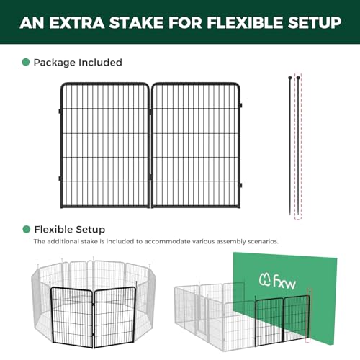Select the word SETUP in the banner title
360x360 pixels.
(315, 23)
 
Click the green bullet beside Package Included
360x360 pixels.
(26, 62)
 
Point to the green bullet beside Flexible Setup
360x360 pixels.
(26, 229)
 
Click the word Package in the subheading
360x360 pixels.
(55, 63)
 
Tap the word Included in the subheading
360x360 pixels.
(100, 63)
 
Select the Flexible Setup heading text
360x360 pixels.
(70, 230)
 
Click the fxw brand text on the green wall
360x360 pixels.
(284, 282)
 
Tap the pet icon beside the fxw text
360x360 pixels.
(265, 279)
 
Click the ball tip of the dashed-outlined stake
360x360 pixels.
(298, 78)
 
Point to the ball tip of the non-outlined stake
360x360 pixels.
(290, 78)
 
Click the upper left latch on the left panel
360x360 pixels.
(60, 112)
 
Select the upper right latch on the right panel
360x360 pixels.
(240, 105)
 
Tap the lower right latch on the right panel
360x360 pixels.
(240, 186)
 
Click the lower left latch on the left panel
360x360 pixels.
(60, 179)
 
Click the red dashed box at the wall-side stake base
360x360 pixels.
(307, 340)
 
